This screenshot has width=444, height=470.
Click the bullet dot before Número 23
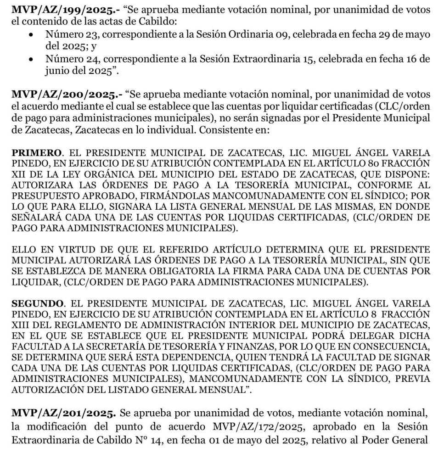click(x=31, y=35)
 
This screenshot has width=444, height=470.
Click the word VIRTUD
click(x=74, y=250)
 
